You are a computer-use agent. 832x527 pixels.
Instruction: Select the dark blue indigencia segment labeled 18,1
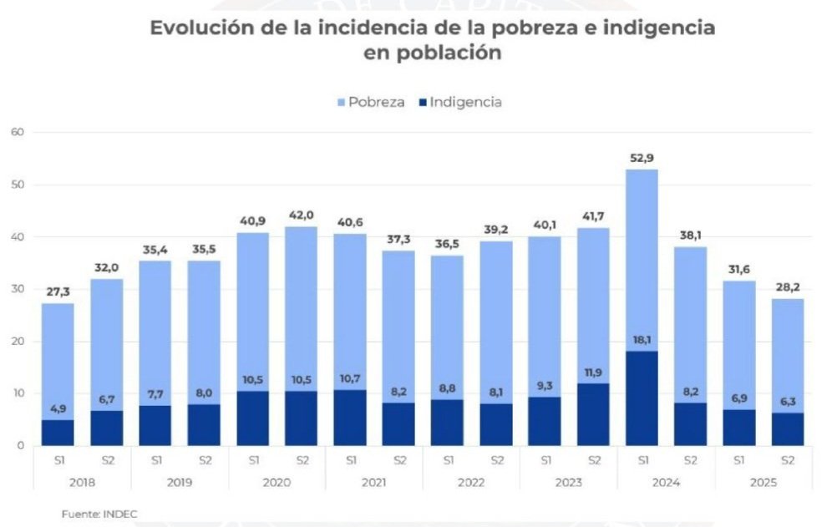tap(642, 398)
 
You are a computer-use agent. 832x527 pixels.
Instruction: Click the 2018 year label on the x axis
tap(81, 482)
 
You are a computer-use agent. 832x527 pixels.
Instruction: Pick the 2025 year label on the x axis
tap(764, 482)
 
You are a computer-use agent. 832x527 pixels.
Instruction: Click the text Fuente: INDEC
tap(99, 514)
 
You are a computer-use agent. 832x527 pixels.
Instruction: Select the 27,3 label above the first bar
tap(57, 292)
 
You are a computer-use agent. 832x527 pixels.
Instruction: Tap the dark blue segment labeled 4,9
tap(57, 433)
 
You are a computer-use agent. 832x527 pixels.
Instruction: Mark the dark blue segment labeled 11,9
tap(593, 414)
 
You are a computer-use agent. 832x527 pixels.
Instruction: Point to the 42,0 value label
tap(301, 215)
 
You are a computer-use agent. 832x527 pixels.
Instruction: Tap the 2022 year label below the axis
tap(471, 482)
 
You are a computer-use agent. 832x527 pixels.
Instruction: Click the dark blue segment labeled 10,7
tap(349, 418)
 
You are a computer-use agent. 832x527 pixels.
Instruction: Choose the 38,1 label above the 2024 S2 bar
tap(691, 236)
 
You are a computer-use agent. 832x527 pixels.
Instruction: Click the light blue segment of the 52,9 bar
tap(642, 259)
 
